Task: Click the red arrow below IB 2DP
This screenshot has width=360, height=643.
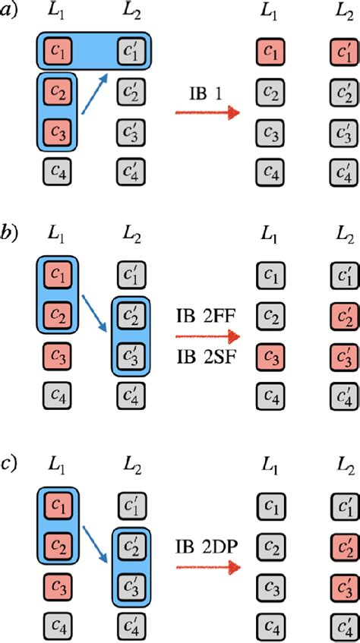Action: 207,567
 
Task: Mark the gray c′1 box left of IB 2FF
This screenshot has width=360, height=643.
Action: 131,273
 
